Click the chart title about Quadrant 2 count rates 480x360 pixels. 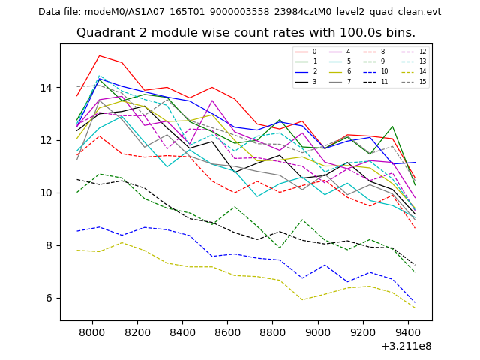tap(246, 33)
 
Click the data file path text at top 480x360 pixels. tap(239, 12)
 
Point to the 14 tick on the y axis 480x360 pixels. tap(50, 88)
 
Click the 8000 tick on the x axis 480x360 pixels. tap(92, 331)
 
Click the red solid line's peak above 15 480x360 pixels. tap(99, 55)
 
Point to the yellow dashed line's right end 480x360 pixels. tap(415, 307)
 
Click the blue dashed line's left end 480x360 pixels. tap(76, 231)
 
